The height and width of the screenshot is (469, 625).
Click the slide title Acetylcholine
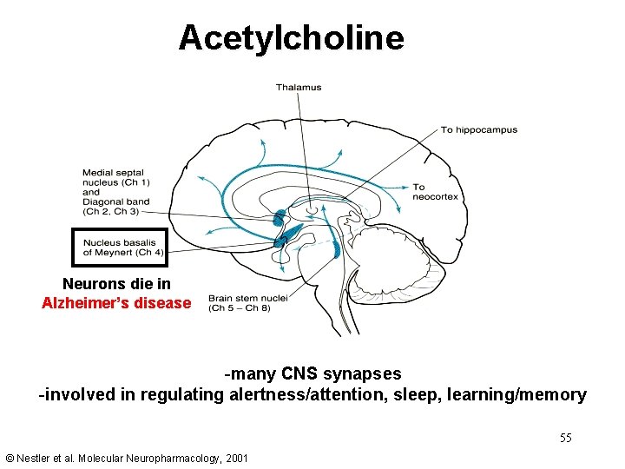(x=291, y=38)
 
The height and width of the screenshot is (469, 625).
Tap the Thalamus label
(x=299, y=87)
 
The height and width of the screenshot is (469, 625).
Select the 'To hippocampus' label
(x=478, y=130)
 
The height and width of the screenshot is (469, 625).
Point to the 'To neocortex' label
(x=435, y=192)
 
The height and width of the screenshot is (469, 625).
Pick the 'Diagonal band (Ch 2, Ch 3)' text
(x=116, y=207)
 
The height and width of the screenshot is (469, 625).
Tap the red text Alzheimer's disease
(x=116, y=303)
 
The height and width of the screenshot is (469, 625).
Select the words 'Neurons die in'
(x=116, y=284)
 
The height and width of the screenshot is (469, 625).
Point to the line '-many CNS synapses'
(x=312, y=374)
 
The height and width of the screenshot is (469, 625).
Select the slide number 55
(x=565, y=438)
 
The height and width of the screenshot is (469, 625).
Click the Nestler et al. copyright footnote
(x=126, y=458)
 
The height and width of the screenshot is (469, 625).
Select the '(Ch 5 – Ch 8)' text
(x=240, y=307)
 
